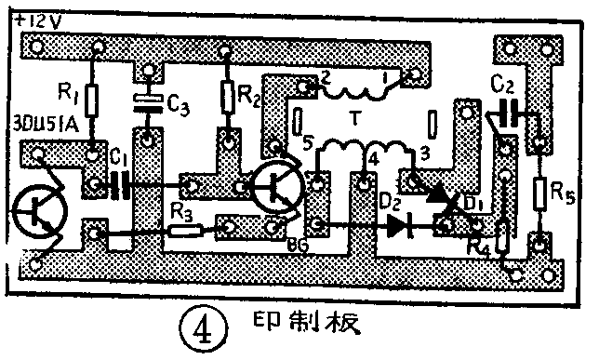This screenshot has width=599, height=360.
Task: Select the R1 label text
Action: point(66,91)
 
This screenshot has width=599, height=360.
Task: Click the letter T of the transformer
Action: point(354,119)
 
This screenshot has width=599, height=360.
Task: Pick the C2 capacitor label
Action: point(502,84)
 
